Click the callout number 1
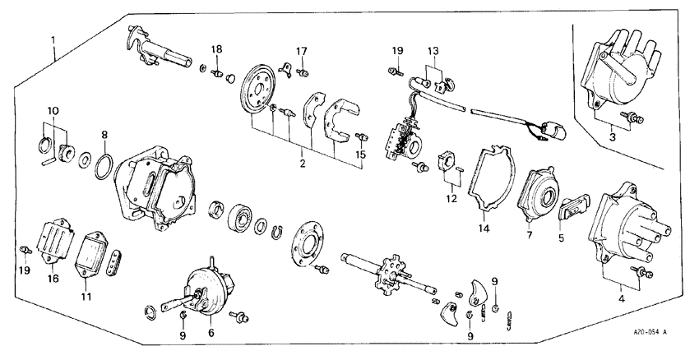click(x=53, y=39)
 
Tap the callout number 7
click(x=530, y=235)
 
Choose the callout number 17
click(x=302, y=51)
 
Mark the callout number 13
click(x=433, y=51)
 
